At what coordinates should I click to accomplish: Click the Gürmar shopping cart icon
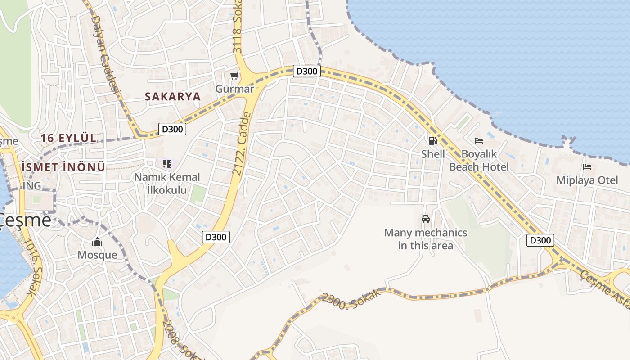click(234, 76)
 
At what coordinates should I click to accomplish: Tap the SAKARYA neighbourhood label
click(173, 96)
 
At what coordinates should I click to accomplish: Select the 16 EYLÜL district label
click(69, 138)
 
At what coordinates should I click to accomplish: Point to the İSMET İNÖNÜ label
click(63, 167)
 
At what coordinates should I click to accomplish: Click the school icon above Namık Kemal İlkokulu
click(167, 164)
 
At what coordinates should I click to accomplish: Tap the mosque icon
click(97, 242)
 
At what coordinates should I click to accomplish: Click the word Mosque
click(97, 255)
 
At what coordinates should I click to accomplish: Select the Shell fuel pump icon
click(432, 141)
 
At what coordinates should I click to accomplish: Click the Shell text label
click(433, 154)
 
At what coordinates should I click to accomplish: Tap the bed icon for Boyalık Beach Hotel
click(479, 141)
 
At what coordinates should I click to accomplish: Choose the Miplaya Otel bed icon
click(587, 167)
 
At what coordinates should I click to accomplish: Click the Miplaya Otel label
click(587, 180)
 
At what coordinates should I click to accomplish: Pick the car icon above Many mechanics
click(425, 219)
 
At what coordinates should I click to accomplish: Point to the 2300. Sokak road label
click(351, 299)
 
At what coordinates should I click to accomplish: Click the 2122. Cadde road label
click(242, 144)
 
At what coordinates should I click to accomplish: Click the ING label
click(32, 186)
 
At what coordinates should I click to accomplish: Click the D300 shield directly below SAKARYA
click(172, 129)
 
